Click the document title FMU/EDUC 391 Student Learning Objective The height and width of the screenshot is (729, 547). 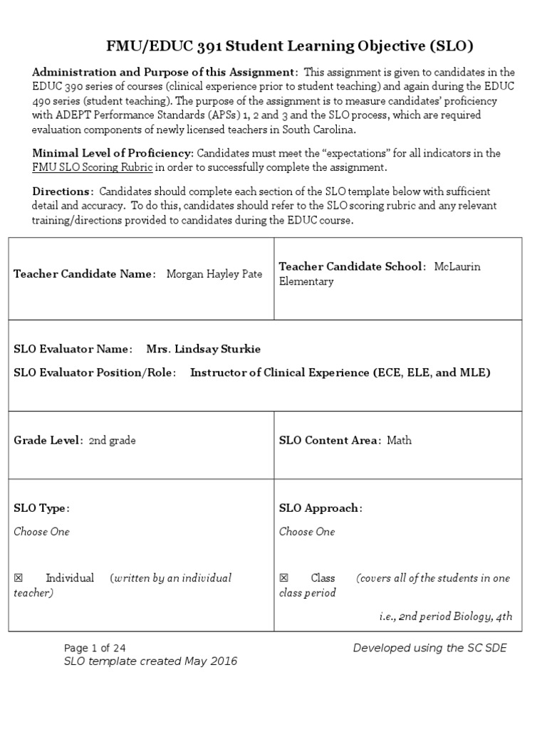point(289,47)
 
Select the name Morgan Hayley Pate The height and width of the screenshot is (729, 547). point(214,274)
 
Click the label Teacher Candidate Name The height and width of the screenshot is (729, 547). point(84,274)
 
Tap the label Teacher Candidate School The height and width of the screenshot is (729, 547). point(352,266)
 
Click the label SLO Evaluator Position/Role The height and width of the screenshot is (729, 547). point(94,372)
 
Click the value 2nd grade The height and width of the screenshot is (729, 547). point(112,441)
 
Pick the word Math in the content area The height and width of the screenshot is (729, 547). point(399,441)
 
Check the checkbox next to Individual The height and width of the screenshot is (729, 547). point(19,578)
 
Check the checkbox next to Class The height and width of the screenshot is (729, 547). point(284,578)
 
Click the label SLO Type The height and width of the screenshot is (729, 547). point(41,508)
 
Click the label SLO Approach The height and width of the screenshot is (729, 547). point(321,508)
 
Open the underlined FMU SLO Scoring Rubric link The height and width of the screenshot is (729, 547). point(93,168)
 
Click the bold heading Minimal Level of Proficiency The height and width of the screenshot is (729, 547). point(113,153)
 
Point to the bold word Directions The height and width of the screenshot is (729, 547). point(63,192)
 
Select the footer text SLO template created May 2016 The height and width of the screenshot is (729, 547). point(150,661)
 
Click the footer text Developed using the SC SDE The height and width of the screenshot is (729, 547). point(430,648)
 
